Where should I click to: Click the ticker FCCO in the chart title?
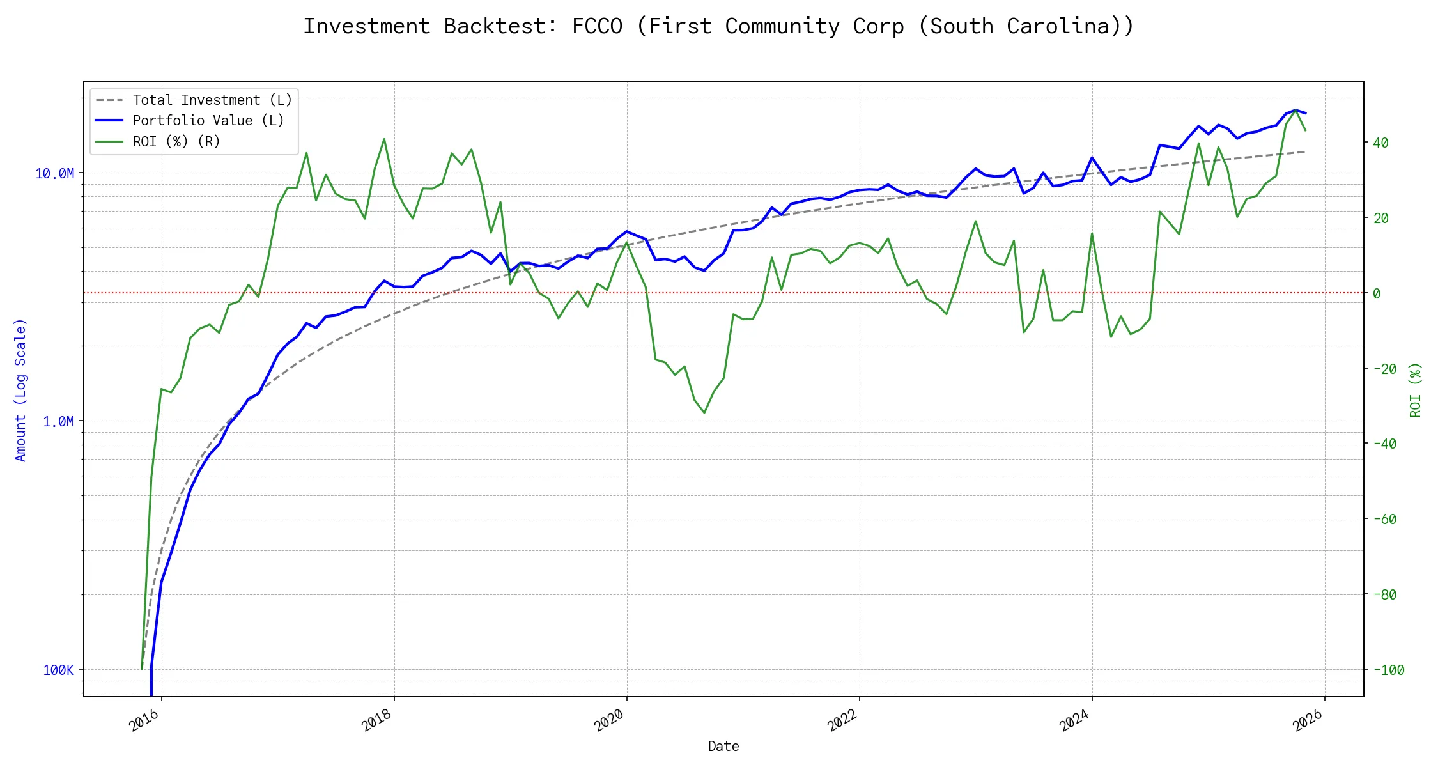(x=597, y=26)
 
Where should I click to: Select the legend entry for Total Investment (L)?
(x=212, y=100)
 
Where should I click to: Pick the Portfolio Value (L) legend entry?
(x=208, y=121)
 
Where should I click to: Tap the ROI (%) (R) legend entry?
(x=176, y=141)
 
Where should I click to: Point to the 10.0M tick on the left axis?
(x=55, y=173)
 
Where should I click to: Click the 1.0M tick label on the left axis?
(x=58, y=421)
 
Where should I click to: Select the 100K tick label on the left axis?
(x=58, y=670)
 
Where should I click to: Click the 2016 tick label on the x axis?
(x=144, y=721)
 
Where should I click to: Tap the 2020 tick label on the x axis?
(x=609, y=721)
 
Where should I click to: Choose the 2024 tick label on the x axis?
(x=1074, y=721)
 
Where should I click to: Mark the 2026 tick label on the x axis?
(x=1307, y=721)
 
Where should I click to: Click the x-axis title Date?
(x=723, y=746)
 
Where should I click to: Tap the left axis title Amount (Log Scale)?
(x=20, y=390)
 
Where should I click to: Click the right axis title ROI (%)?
(x=1416, y=390)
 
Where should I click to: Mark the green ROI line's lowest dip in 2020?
(x=704, y=413)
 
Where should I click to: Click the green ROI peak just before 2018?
(x=384, y=139)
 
